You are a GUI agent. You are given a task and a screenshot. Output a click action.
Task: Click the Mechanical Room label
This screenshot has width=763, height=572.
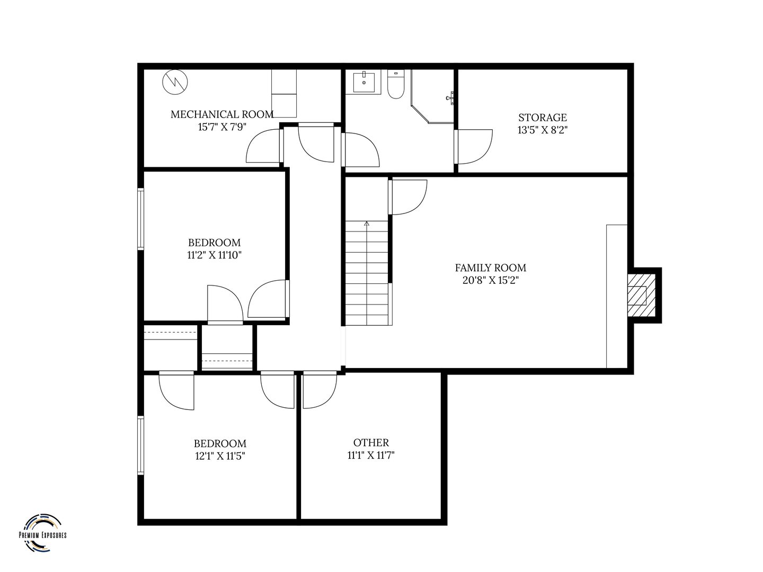coord(222,114)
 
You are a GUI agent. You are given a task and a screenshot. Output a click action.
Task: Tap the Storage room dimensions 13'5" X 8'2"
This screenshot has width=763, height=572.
coord(543,130)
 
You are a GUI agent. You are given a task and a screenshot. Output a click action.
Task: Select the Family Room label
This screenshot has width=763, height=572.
coord(490,268)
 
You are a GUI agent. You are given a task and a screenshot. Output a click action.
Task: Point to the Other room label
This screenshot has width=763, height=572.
coord(371,443)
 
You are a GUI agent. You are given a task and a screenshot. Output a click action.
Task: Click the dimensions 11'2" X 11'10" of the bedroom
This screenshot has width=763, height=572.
coord(214,255)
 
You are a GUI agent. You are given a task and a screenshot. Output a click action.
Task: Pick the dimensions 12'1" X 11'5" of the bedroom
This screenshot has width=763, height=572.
coord(220,456)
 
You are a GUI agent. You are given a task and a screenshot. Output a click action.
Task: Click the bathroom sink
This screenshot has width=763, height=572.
coord(364,82)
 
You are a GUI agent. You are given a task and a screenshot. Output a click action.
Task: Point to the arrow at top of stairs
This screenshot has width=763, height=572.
coord(367,224)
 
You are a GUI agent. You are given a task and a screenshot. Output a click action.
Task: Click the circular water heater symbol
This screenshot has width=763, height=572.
coord(175,82)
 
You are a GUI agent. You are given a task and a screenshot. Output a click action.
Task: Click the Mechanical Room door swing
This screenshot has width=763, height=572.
coord(264,147)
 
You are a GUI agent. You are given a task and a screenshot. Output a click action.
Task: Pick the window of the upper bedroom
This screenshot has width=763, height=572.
coord(141,219)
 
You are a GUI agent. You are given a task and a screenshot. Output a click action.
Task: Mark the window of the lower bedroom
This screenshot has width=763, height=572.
coord(141,445)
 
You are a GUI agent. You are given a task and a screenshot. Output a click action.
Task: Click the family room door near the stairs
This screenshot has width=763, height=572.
coord(407,197)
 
